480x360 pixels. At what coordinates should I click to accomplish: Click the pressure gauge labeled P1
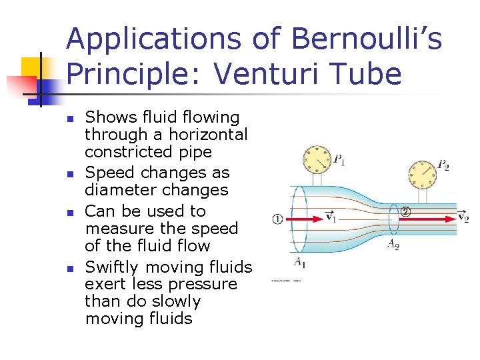click(x=317, y=159)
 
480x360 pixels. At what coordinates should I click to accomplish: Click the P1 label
click(x=339, y=160)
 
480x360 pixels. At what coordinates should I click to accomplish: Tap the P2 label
click(x=443, y=165)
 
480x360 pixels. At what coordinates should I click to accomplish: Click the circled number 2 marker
click(x=405, y=212)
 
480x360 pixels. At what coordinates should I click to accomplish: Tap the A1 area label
click(x=301, y=261)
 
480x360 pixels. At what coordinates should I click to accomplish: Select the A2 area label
click(x=393, y=243)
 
